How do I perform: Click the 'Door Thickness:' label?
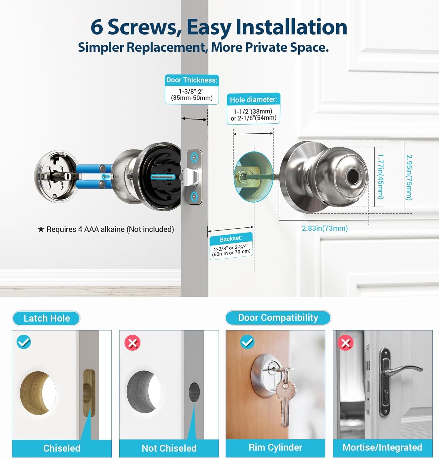click(x=192, y=80)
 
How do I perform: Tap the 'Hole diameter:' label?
click(x=253, y=100)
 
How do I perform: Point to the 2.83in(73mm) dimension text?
click(x=325, y=228)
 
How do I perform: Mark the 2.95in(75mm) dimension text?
click(x=409, y=177)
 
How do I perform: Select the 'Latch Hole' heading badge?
click(x=46, y=318)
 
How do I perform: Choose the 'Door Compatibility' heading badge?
click(x=278, y=318)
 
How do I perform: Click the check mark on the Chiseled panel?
click(x=24, y=342)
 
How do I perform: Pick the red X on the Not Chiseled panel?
click(x=132, y=343)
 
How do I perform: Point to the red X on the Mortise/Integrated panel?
click(x=346, y=343)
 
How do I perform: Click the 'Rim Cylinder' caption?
click(x=275, y=447)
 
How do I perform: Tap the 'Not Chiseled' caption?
click(x=169, y=448)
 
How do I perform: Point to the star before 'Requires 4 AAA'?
click(x=41, y=229)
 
